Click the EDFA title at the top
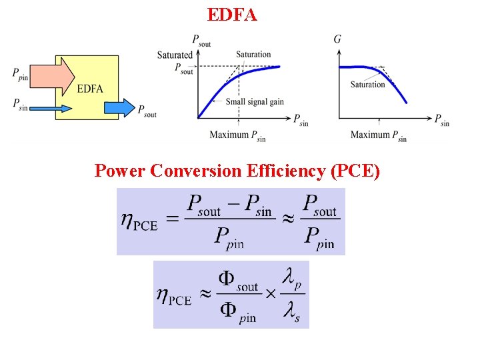(232, 14)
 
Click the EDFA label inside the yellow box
(90, 89)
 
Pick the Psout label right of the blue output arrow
(147, 111)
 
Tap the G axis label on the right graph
(337, 39)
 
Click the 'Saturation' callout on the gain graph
(367, 85)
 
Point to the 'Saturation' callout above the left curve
(253, 55)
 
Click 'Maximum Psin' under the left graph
(238, 135)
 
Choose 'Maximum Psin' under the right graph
(379, 135)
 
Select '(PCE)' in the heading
(355, 171)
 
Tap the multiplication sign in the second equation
(271, 294)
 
